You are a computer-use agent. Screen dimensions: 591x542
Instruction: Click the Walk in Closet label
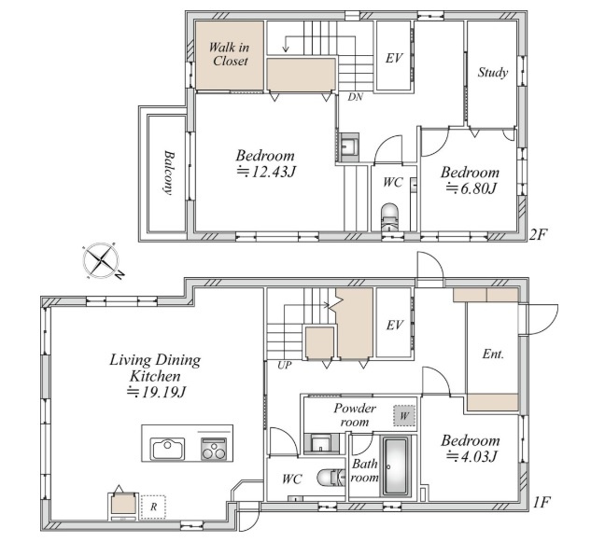229,54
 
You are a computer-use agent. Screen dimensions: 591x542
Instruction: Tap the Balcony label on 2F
169,173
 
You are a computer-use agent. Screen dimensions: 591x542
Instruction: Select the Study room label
493,72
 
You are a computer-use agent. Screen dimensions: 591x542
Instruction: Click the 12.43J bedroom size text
266,172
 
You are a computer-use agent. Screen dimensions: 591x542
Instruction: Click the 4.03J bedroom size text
471,456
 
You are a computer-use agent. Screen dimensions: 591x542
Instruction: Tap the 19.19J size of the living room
157,392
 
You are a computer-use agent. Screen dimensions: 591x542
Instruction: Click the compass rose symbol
102,260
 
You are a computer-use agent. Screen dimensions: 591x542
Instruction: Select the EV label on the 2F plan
394,58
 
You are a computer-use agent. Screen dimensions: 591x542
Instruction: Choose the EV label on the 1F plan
395,325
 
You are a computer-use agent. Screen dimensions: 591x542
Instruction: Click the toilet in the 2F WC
389,216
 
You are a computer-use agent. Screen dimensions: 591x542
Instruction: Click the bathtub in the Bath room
396,466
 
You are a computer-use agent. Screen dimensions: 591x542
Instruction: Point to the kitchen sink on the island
167,449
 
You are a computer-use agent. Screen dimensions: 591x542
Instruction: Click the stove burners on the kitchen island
214,449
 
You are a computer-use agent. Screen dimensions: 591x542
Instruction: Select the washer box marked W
404,416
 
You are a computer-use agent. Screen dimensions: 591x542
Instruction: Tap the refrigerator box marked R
153,507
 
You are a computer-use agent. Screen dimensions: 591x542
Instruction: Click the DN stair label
355,97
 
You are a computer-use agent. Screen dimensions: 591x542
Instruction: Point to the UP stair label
284,365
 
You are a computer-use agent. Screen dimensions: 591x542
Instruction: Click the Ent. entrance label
493,354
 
